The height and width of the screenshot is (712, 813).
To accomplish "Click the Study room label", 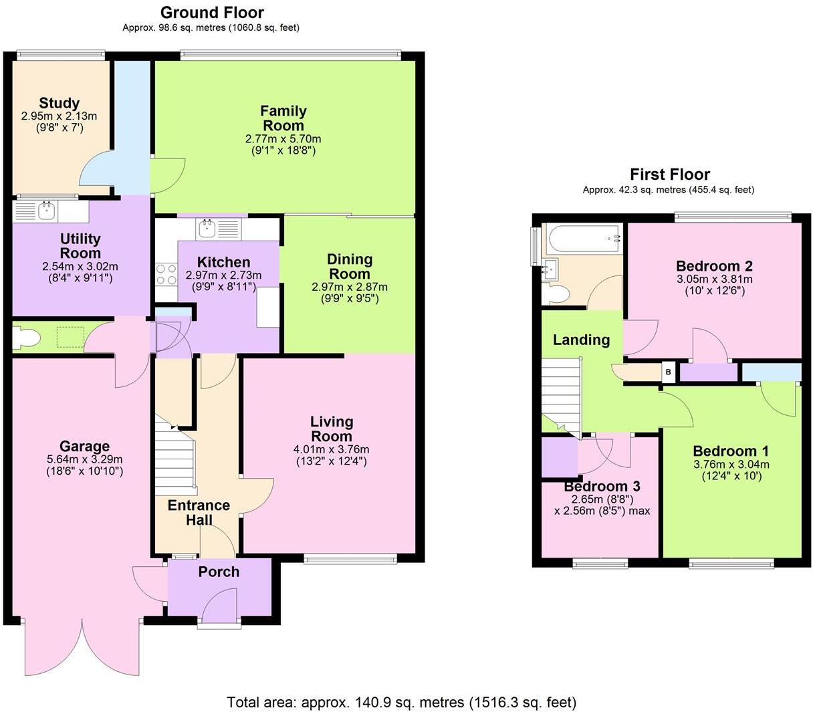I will pos(59,103).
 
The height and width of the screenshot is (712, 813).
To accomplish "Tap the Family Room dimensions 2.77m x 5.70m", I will pos(283,139).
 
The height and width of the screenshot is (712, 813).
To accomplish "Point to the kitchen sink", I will pos(207,229).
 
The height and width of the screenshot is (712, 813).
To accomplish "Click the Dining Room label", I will pos(349,266).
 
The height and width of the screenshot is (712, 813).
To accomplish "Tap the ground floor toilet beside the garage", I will pos(27,338).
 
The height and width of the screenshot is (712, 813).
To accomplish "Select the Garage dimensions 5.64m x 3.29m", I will pos(84,459).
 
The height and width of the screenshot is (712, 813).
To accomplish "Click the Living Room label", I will pos(332,429).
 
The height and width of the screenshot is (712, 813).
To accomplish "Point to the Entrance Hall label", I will pos(199,513).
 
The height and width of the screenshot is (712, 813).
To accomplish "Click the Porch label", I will pos(219,572).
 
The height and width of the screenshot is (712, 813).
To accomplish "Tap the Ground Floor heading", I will pos(212,12).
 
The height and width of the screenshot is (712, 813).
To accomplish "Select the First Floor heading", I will pos(669,174).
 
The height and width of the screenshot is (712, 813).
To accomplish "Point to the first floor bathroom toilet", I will pos(556,293).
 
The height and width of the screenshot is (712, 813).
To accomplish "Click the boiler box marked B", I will pos(667,372).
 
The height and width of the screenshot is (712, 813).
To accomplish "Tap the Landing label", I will pos(581,340).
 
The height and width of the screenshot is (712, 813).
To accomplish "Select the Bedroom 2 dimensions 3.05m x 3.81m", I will pos(714,279).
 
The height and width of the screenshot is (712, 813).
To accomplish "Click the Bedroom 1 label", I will pos(730,451).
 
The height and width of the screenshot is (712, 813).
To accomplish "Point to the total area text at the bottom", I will pos(401,702).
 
